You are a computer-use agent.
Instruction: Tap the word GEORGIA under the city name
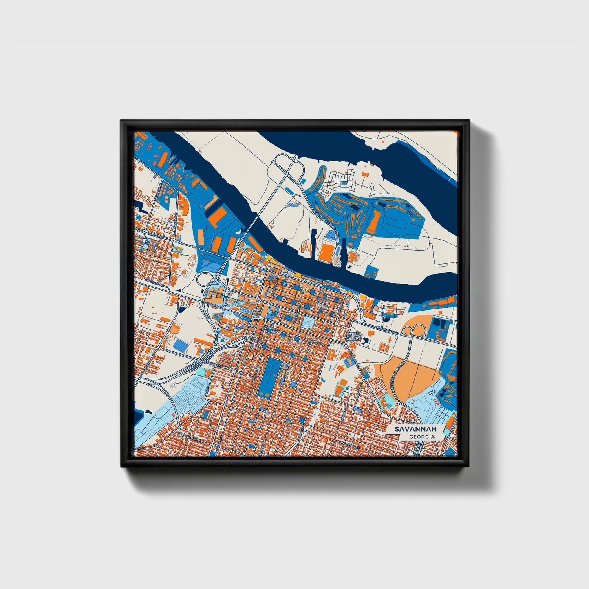(422, 437)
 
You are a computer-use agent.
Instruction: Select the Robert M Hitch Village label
(353, 336)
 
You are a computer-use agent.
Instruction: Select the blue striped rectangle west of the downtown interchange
(182, 345)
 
